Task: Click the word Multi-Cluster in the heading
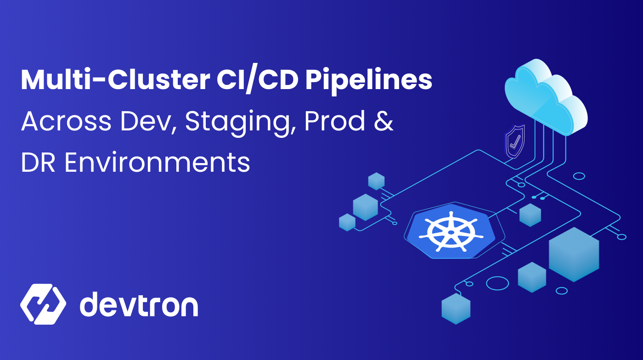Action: click(x=115, y=80)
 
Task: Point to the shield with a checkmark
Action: click(x=514, y=142)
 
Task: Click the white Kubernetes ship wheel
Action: click(x=451, y=232)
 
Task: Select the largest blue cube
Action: click(x=574, y=254)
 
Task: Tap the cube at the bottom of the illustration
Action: click(x=456, y=309)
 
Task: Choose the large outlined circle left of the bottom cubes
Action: click(x=497, y=283)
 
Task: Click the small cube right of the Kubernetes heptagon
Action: click(x=530, y=215)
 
